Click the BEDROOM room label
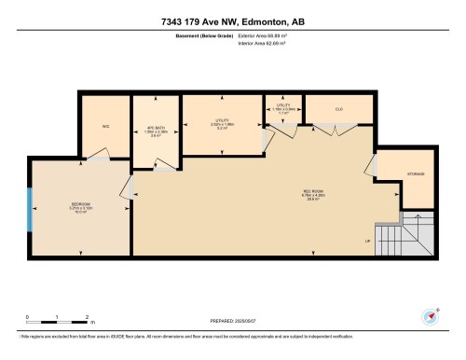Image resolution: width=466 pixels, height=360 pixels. coord(80,206)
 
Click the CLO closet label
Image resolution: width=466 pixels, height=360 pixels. coord(339,109)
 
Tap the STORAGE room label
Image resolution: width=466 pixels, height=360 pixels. coord(417,175)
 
